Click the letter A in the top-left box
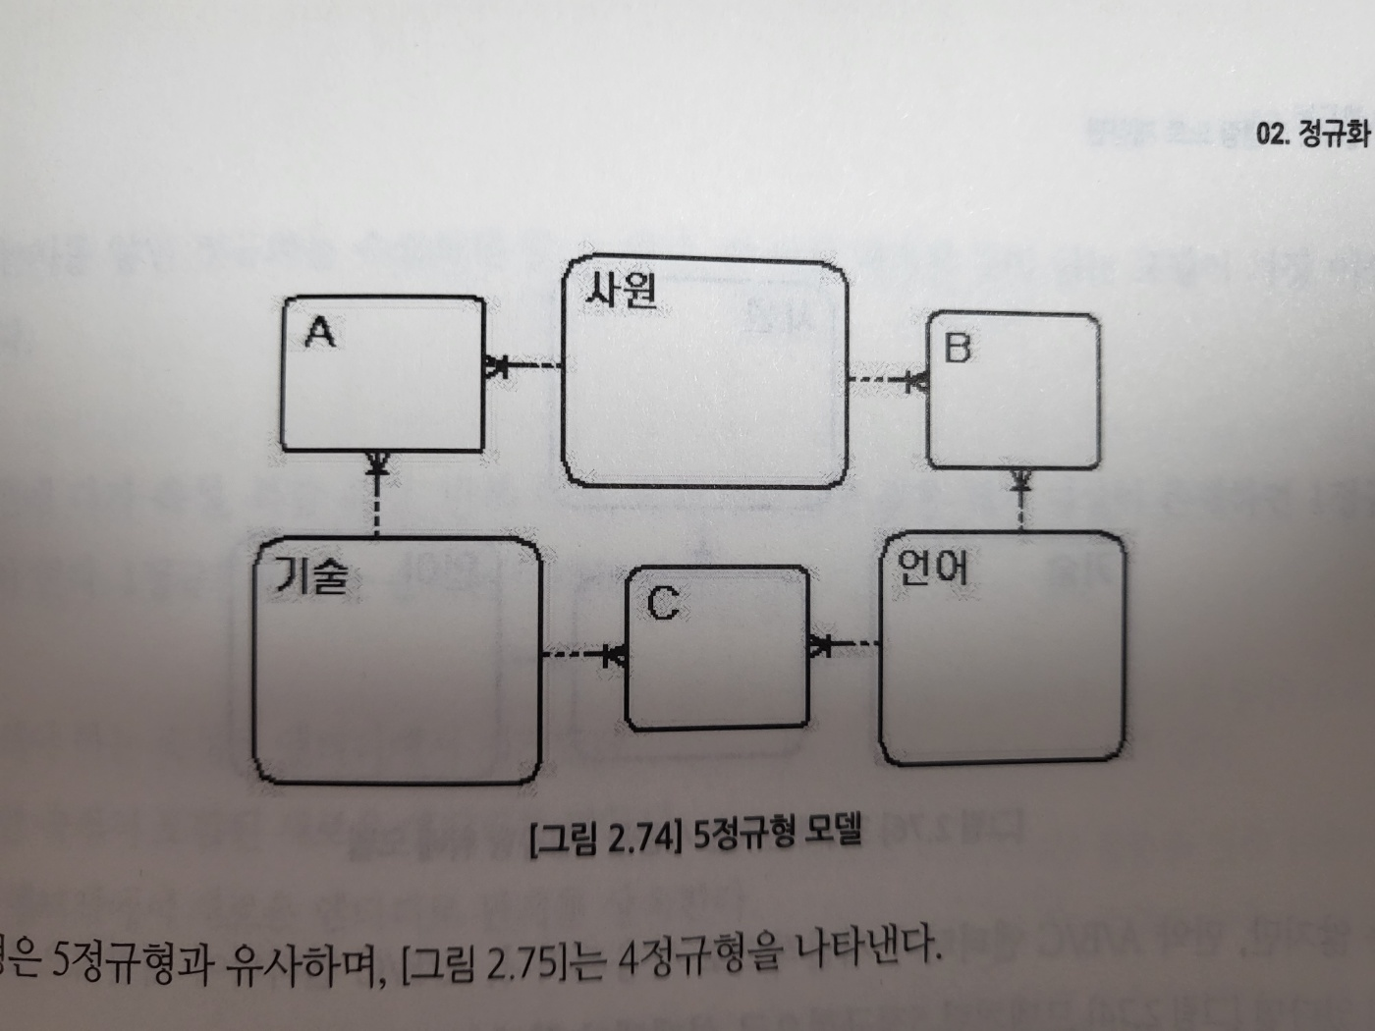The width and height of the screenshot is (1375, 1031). (320, 333)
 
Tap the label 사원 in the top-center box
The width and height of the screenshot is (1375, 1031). (621, 290)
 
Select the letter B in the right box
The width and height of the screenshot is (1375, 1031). (957, 348)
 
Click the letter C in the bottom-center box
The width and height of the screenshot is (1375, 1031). (663, 602)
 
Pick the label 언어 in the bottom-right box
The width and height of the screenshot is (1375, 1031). (933, 567)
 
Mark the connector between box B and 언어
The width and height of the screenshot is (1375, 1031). (1021, 500)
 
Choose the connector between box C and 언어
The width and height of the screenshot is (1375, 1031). (844, 645)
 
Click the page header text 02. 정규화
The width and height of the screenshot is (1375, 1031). (1312, 134)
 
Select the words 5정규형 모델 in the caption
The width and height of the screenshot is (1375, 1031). (776, 834)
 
